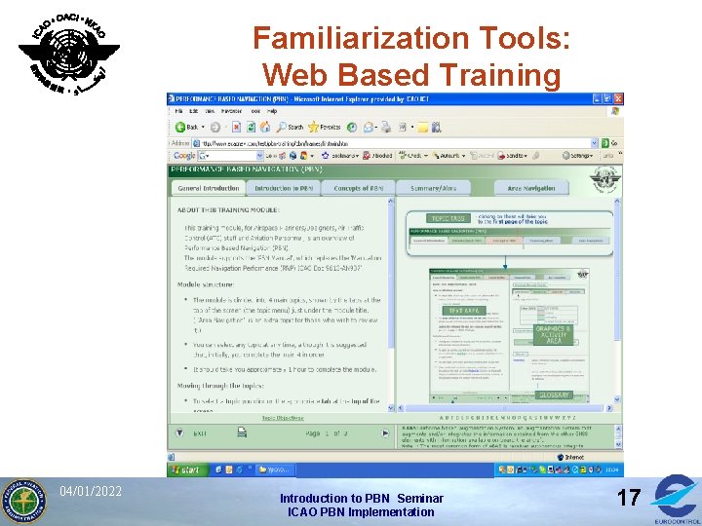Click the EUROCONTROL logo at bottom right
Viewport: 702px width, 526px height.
tap(675, 499)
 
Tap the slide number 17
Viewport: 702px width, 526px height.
tap(629, 498)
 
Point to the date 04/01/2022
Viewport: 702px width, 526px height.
tap(90, 490)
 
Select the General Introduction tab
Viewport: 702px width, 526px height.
tap(209, 188)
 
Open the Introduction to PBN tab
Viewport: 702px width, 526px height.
tap(284, 188)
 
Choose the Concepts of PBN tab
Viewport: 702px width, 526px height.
tap(359, 188)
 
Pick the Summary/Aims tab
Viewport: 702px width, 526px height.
tap(434, 188)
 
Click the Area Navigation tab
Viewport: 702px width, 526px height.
tap(531, 188)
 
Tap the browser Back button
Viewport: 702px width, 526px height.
tap(186, 127)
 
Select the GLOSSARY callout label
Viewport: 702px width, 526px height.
tap(555, 395)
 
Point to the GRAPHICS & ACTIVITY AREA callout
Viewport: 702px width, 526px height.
tap(553, 335)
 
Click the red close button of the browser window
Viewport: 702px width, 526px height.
tap(618, 98)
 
